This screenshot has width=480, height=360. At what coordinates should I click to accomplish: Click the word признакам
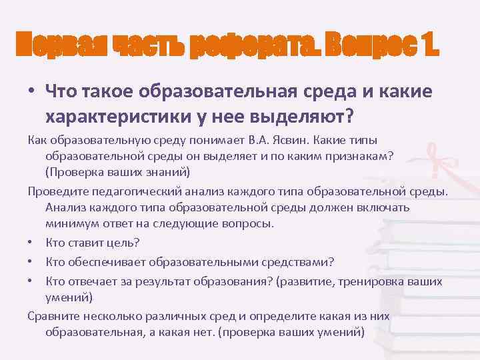point(353,157)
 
